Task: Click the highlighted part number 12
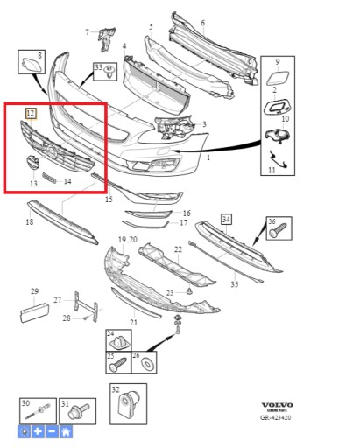coord(31,113)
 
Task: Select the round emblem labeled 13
coord(31,164)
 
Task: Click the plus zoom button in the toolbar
coord(38,431)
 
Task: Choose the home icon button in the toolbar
coord(66,431)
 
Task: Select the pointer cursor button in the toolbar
coord(24,431)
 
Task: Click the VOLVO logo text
coord(278,405)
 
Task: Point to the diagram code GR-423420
coord(277,418)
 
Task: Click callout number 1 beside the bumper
coord(208,157)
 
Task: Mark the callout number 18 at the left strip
coord(29,222)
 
